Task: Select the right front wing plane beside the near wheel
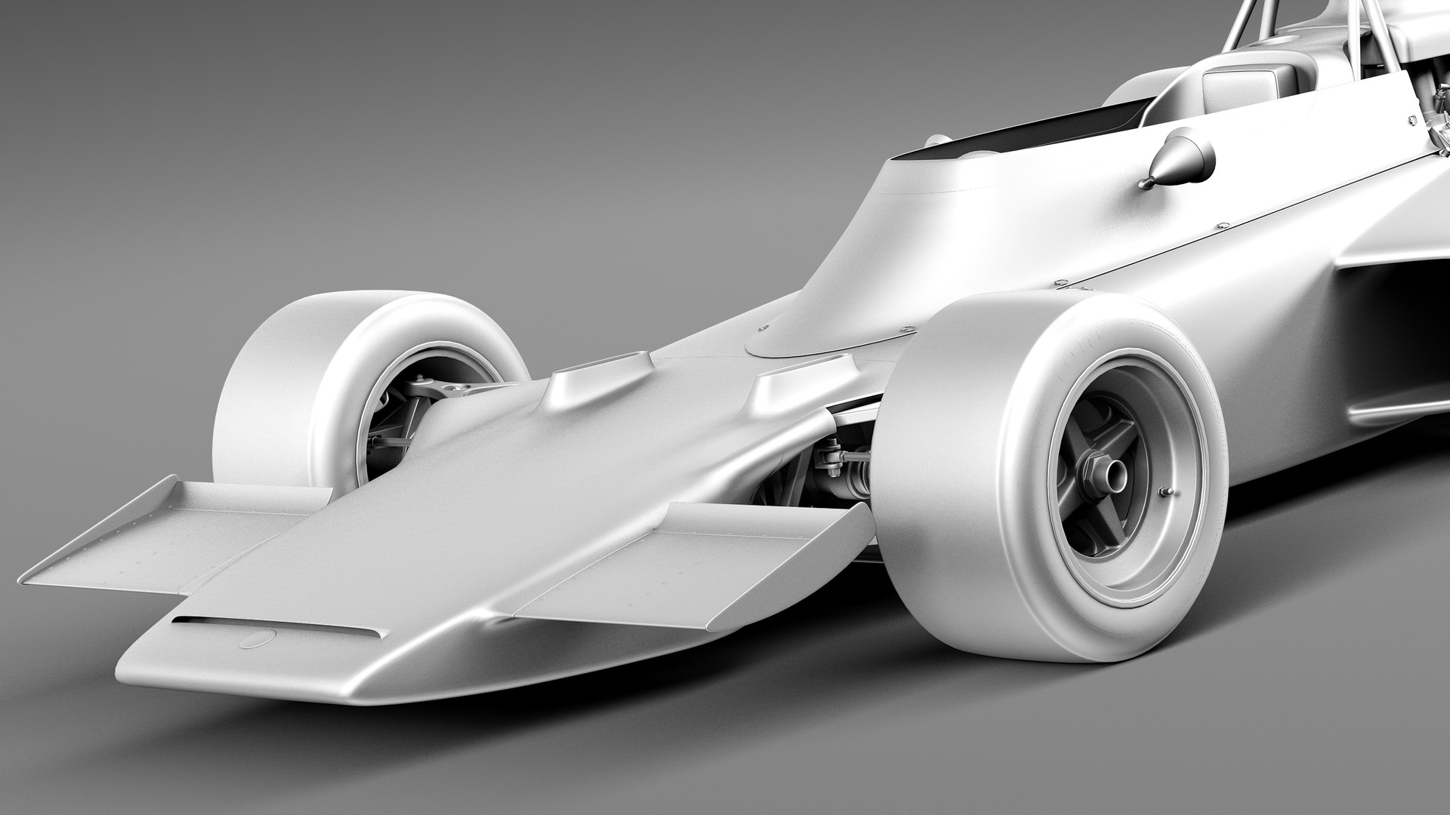[687, 551]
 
